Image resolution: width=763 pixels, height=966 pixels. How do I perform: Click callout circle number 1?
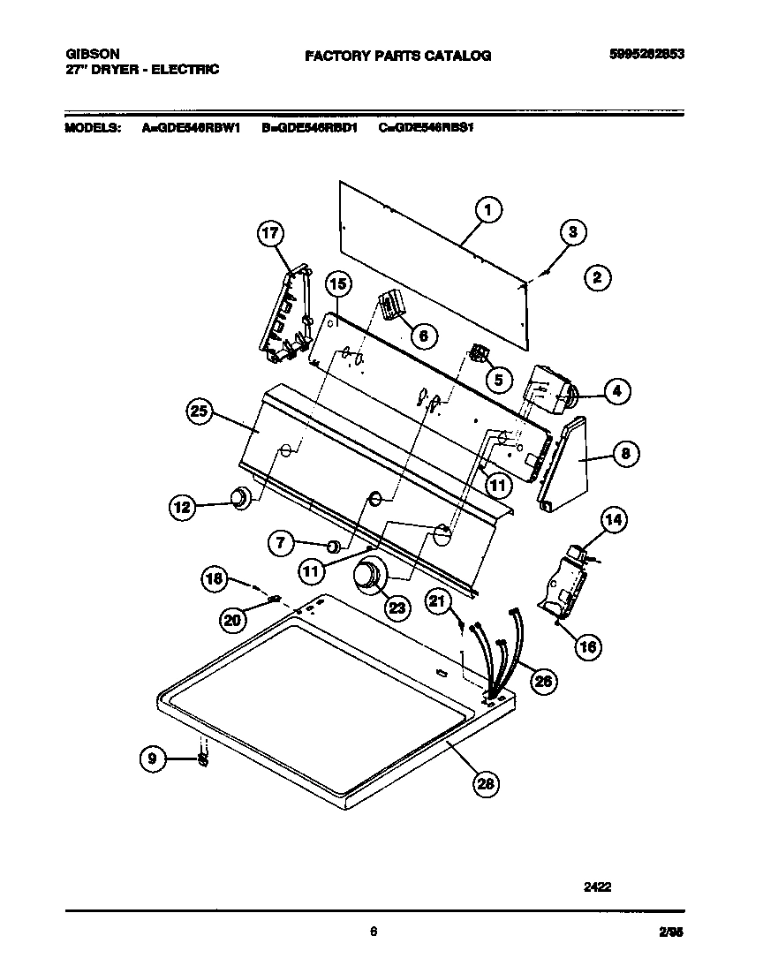pos(487,209)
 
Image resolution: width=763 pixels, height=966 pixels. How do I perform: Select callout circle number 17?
pos(271,234)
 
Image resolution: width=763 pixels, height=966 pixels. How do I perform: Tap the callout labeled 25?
pos(201,409)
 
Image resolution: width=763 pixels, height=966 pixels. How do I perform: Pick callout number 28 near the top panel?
pos(484,782)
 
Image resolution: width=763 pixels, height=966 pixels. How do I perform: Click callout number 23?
pos(398,607)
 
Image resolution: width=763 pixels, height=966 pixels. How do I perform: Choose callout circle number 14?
pos(614,521)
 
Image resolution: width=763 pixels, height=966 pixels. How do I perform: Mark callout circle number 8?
pos(624,454)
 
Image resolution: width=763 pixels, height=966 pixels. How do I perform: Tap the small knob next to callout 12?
pos(239,499)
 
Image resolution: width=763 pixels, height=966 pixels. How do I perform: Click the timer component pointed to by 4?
pos(548,391)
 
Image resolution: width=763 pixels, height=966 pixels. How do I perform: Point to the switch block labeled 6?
pos(390,307)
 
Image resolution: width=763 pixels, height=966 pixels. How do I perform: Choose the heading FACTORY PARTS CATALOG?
pos(397,56)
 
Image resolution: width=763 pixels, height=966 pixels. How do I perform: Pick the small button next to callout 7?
pos(333,545)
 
